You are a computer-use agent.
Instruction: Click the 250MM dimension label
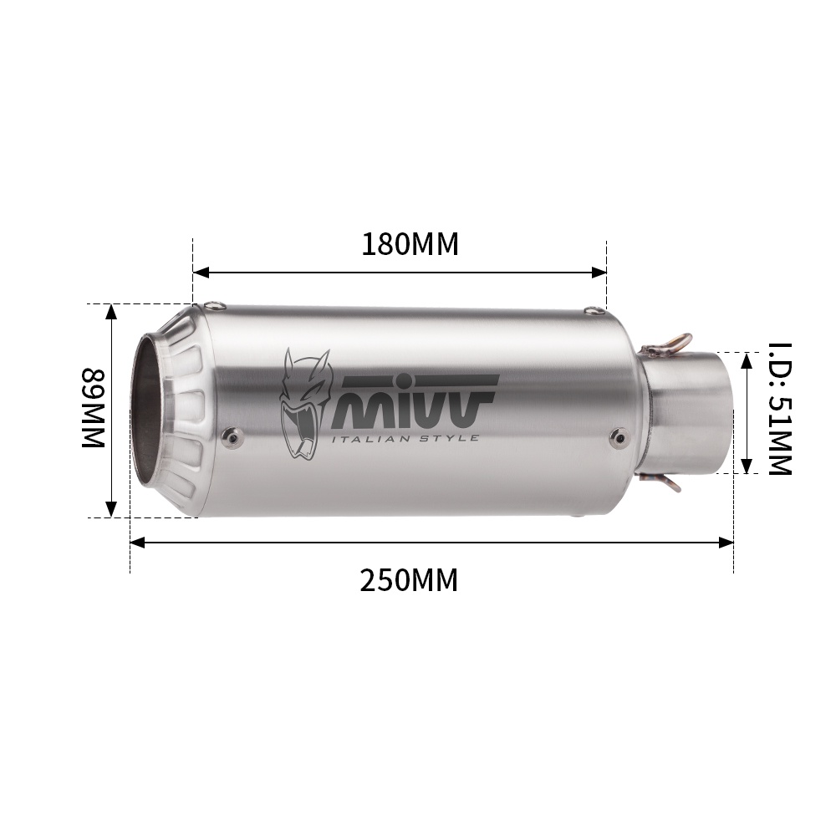point(409,579)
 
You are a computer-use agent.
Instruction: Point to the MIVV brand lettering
point(416,400)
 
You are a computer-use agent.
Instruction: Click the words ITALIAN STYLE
point(406,438)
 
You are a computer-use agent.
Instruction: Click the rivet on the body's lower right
point(618,434)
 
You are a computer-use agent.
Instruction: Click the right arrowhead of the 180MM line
point(599,272)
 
